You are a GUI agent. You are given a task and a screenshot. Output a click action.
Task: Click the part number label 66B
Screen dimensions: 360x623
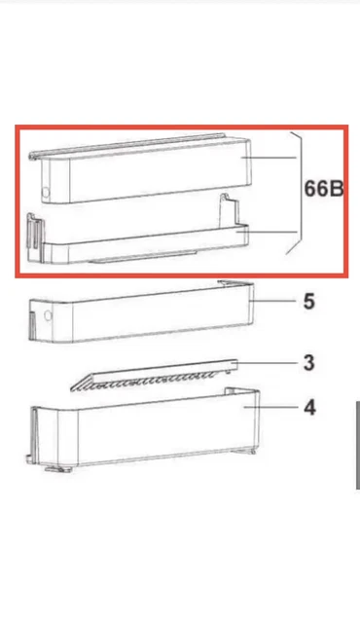pyautogui.click(x=323, y=188)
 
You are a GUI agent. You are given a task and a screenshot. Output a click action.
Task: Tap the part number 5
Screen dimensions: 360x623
pyautogui.click(x=308, y=302)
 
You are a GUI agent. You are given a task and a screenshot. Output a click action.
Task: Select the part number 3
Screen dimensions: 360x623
pyautogui.click(x=308, y=363)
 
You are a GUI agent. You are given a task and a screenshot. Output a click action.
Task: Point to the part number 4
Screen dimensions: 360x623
pyautogui.click(x=309, y=408)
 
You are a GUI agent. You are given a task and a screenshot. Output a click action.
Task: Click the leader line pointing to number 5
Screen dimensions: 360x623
pyautogui.click(x=272, y=301)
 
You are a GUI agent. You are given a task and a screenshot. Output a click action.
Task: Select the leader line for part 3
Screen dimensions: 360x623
pyautogui.click(x=267, y=362)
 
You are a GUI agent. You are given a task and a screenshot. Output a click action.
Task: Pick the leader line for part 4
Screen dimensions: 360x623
pyautogui.click(x=270, y=407)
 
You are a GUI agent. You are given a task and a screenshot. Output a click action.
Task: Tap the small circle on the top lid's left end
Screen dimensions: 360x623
pyautogui.click(x=46, y=193)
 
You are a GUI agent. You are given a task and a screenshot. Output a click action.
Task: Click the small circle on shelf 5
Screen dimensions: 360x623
pyautogui.click(x=48, y=316)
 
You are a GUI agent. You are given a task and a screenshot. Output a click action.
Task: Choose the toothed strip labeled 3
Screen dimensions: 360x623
pyautogui.click(x=154, y=376)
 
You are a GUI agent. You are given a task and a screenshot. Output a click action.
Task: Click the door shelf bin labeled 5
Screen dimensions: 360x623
pyautogui.click(x=141, y=311)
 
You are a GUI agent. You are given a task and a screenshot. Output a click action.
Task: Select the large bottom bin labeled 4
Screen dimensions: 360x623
pyautogui.click(x=145, y=429)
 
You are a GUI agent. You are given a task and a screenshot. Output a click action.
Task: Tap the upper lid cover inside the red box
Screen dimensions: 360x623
pyautogui.click(x=140, y=168)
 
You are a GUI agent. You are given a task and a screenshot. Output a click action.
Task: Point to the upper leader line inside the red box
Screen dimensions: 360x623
pyautogui.click(x=270, y=158)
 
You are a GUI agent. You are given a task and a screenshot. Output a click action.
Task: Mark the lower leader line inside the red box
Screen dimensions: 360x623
pyautogui.click(x=267, y=232)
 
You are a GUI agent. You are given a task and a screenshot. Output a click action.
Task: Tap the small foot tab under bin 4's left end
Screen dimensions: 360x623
pyautogui.click(x=58, y=469)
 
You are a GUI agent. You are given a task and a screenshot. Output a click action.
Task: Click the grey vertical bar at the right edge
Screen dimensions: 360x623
pyautogui.click(x=358, y=445)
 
